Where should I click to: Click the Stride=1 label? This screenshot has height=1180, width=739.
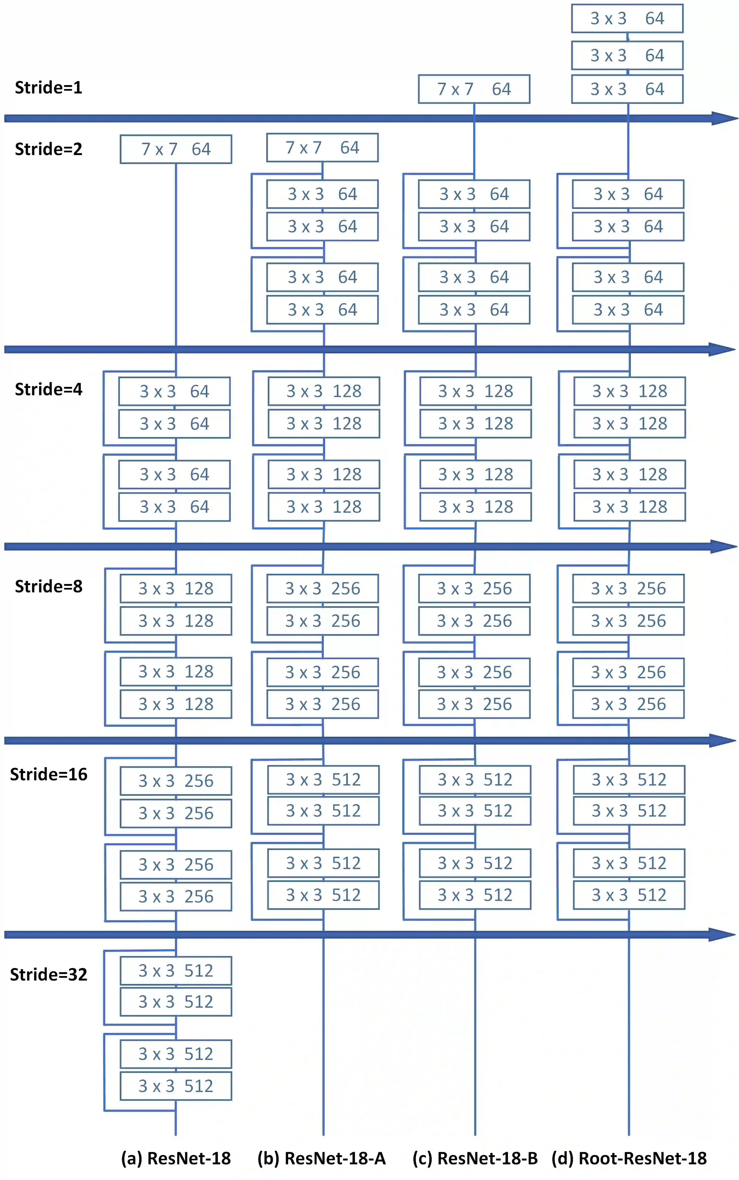[x=48, y=87]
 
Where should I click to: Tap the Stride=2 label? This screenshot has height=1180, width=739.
[x=48, y=149]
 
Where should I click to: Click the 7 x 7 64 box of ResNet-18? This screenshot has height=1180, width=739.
[x=176, y=149]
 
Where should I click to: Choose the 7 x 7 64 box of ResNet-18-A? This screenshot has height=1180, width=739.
[x=322, y=147]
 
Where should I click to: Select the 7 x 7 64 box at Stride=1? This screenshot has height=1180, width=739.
[x=474, y=89]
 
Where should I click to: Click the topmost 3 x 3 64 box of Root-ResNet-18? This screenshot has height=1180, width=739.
[x=627, y=19]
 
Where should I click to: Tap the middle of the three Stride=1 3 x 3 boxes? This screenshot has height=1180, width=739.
[x=627, y=55]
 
